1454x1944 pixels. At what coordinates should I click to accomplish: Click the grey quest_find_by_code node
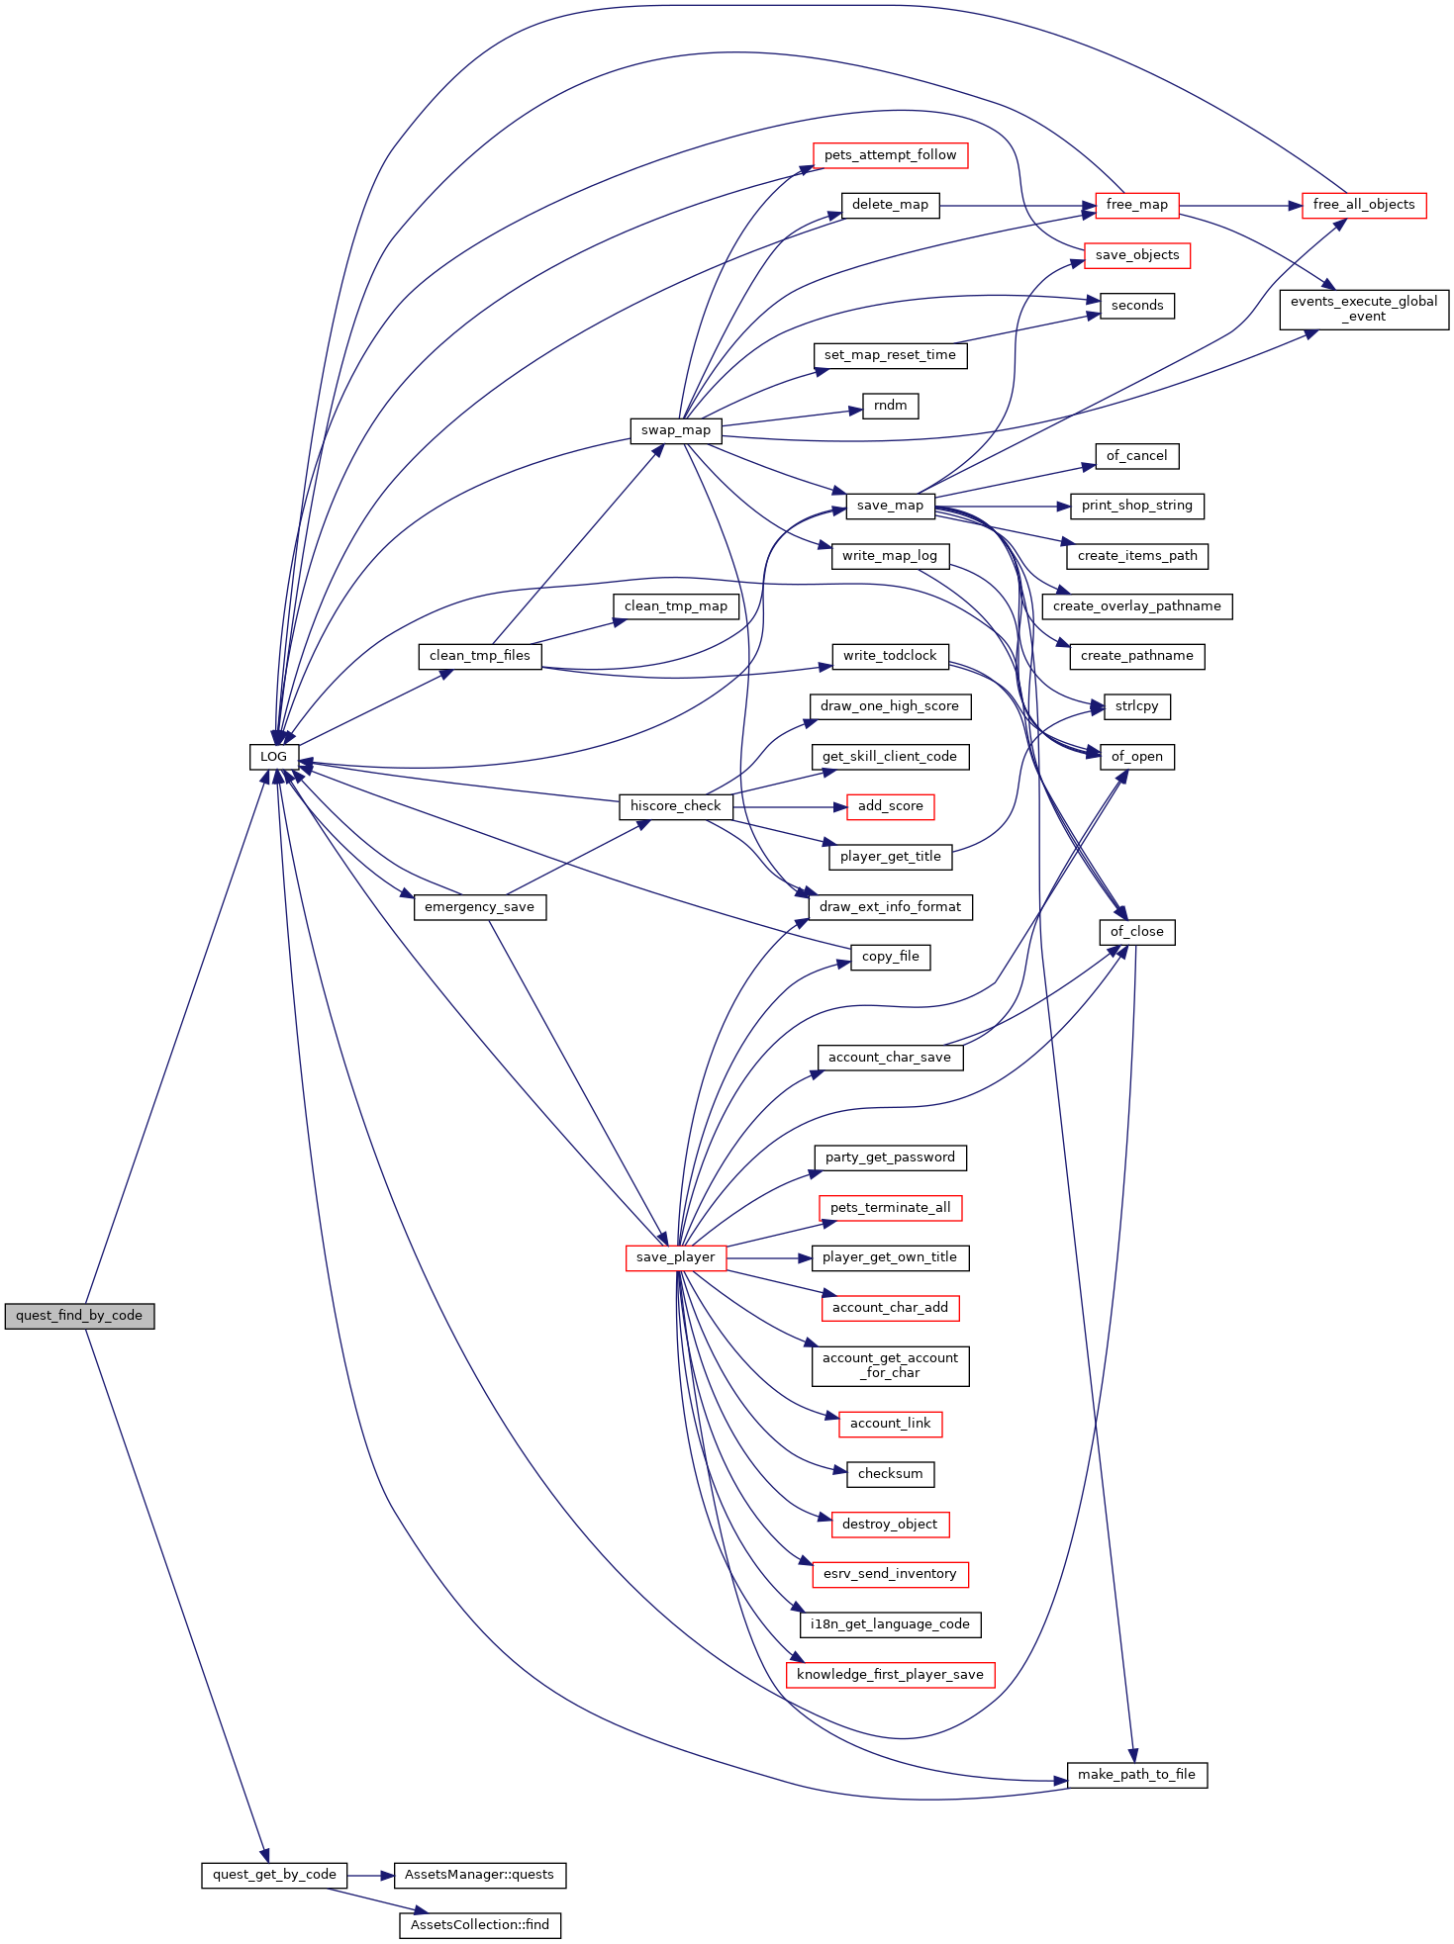pyautogui.click(x=79, y=1316)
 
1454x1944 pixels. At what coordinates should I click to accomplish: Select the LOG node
pyautogui.click(x=273, y=757)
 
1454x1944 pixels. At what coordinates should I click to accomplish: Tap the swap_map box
pyautogui.click(x=676, y=430)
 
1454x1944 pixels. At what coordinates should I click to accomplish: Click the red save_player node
pyautogui.click(x=676, y=1257)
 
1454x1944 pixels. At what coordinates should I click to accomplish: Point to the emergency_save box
pyautogui.click(x=480, y=907)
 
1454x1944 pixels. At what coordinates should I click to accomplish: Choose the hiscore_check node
pyautogui.click(x=676, y=806)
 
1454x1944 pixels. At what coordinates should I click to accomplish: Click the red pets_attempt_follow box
pyautogui.click(x=890, y=155)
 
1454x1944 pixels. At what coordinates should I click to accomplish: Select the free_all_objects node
pyautogui.click(x=1364, y=205)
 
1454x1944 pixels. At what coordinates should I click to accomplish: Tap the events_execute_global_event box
pyautogui.click(x=1364, y=310)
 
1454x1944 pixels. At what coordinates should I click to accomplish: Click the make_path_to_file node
pyautogui.click(x=1137, y=1775)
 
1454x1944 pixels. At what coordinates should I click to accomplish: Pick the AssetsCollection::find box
pyautogui.click(x=480, y=1925)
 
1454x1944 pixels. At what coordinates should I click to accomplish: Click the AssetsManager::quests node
pyautogui.click(x=480, y=1875)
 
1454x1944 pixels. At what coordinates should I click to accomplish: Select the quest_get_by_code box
pyautogui.click(x=274, y=1875)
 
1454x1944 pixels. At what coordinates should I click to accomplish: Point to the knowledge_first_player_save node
pyautogui.click(x=890, y=1675)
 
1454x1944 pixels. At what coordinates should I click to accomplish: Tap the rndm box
pyautogui.click(x=891, y=406)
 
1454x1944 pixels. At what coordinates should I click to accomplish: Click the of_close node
pyautogui.click(x=1137, y=932)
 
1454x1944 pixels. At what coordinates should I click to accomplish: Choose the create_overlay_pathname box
pyautogui.click(x=1137, y=606)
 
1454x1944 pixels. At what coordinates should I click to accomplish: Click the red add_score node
pyautogui.click(x=891, y=806)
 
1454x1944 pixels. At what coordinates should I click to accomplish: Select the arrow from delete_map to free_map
pyautogui.click(x=1018, y=206)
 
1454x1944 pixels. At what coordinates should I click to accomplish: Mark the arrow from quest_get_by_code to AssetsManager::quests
pyautogui.click(x=370, y=1876)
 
